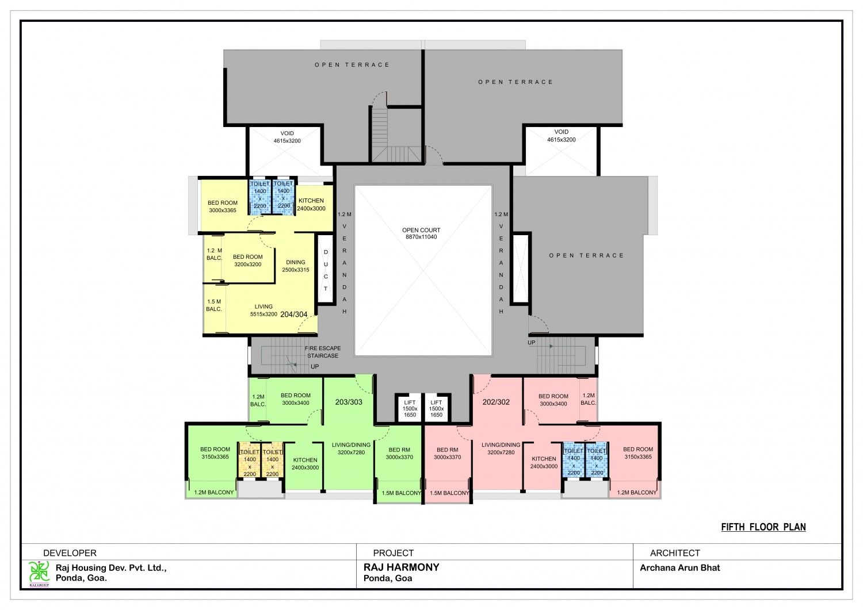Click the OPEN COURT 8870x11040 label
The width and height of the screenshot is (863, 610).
(x=421, y=233)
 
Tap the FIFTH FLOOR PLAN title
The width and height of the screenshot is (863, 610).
(x=763, y=527)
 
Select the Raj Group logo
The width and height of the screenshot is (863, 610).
(x=39, y=573)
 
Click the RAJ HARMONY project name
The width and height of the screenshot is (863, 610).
(x=401, y=567)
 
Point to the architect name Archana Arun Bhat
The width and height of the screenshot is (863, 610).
(x=679, y=567)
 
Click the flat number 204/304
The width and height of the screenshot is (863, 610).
(x=293, y=314)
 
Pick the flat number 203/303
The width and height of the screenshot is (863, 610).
(x=349, y=402)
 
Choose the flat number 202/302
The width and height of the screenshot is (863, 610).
(x=496, y=402)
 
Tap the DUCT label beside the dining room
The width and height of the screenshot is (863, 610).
(x=326, y=270)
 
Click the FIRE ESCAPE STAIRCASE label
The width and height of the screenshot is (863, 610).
(x=323, y=352)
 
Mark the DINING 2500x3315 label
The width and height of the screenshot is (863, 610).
(x=296, y=266)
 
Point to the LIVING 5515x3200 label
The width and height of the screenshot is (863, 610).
(x=264, y=310)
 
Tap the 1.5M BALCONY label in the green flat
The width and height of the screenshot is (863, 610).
(x=401, y=493)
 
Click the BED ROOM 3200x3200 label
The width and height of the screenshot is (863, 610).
(x=248, y=260)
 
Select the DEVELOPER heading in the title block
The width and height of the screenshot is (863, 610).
(x=70, y=553)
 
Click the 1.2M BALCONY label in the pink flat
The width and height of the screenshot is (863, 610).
(x=636, y=492)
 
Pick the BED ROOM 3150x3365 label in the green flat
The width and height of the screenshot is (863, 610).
(x=215, y=453)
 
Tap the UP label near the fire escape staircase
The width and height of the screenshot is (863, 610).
(x=315, y=366)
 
